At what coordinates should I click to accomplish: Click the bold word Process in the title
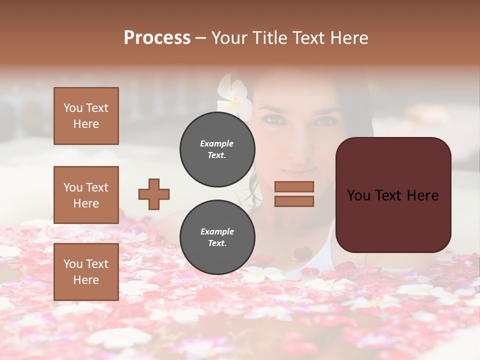pyautogui.click(x=157, y=38)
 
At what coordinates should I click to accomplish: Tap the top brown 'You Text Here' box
pyautogui.click(x=86, y=116)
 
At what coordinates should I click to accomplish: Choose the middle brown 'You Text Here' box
pyautogui.click(x=86, y=195)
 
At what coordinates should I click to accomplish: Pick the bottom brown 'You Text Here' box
pyautogui.click(x=86, y=271)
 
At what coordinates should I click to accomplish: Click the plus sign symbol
pyautogui.click(x=154, y=194)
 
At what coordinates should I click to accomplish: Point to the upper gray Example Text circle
pyautogui.click(x=217, y=149)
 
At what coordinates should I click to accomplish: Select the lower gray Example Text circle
pyautogui.click(x=217, y=237)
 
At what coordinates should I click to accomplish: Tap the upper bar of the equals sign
pyautogui.click(x=294, y=186)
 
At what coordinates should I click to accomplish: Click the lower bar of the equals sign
pyautogui.click(x=294, y=201)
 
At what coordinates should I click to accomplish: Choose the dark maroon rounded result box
pyautogui.click(x=393, y=195)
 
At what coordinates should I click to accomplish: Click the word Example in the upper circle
pyautogui.click(x=217, y=143)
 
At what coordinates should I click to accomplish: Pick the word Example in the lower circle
pyautogui.click(x=217, y=231)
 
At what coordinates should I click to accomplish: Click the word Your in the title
pyautogui.click(x=229, y=38)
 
